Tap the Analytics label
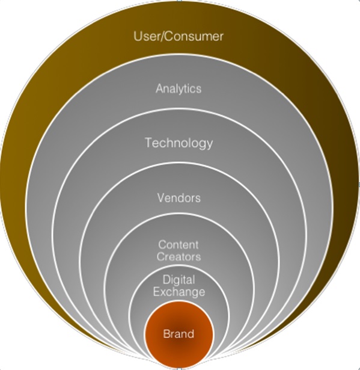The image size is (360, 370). pos(178,89)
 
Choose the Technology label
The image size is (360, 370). pos(178,143)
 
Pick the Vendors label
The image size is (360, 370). pos(178,198)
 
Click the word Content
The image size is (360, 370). pos(178,245)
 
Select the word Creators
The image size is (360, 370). pos(178,257)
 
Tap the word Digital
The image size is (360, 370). pos(178,280)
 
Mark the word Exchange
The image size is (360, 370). pos(179,292)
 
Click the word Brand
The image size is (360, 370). pos(178,334)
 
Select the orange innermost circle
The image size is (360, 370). pos(178,335)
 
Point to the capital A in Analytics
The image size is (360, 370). pos(159,88)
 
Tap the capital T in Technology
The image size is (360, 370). pos(148,143)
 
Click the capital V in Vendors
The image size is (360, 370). pos(161,198)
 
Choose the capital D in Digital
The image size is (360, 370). pos(167,280)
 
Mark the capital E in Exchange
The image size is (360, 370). pos(157,292)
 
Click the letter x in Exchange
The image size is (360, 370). pos(163,293)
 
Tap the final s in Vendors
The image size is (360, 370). pos(198,199)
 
